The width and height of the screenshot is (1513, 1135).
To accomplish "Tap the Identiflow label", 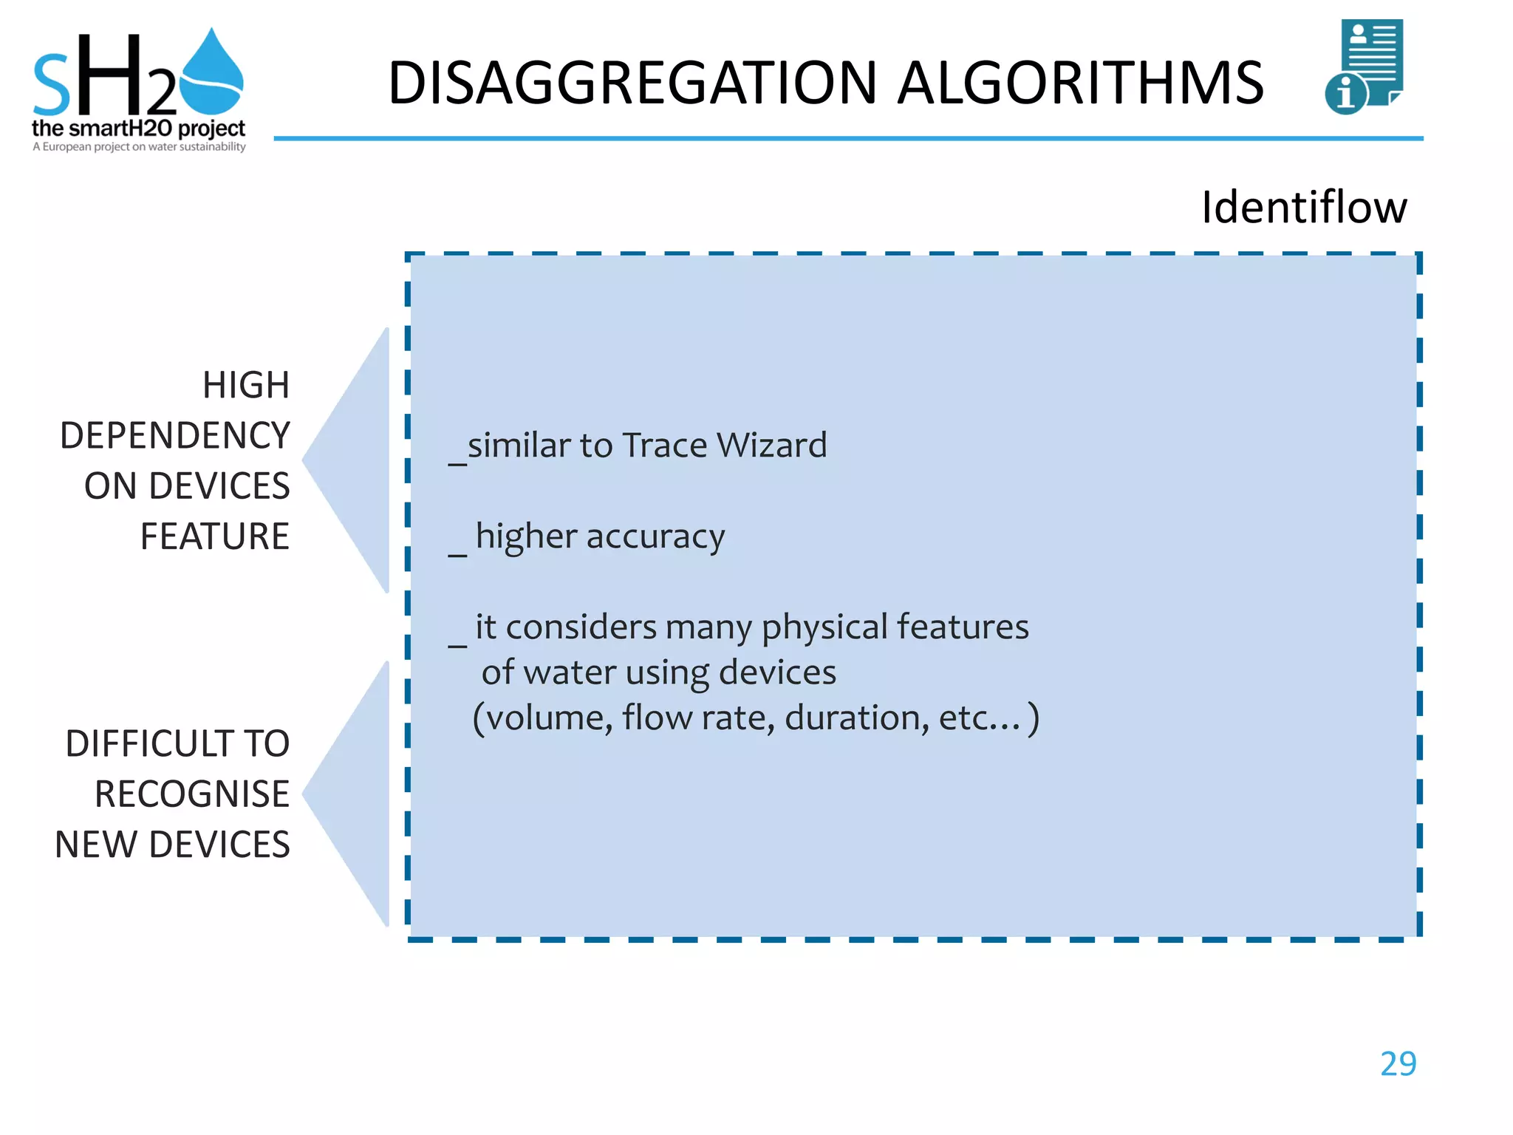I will (1304, 207).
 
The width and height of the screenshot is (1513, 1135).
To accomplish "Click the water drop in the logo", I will (212, 74).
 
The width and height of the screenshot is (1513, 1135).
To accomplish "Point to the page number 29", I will (1398, 1064).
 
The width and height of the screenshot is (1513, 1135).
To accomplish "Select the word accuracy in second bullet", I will (655, 536).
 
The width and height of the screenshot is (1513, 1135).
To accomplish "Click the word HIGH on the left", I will (246, 385).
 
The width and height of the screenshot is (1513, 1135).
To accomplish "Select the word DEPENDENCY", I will (175, 435).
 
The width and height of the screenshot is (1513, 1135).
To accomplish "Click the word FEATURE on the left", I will (214, 536).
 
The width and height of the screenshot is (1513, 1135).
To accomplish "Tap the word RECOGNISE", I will (192, 794).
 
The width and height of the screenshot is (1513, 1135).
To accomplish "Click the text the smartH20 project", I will (138, 129).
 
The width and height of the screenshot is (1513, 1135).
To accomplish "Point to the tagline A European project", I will (138, 147).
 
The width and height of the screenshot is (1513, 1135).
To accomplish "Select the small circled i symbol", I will (1345, 95).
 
